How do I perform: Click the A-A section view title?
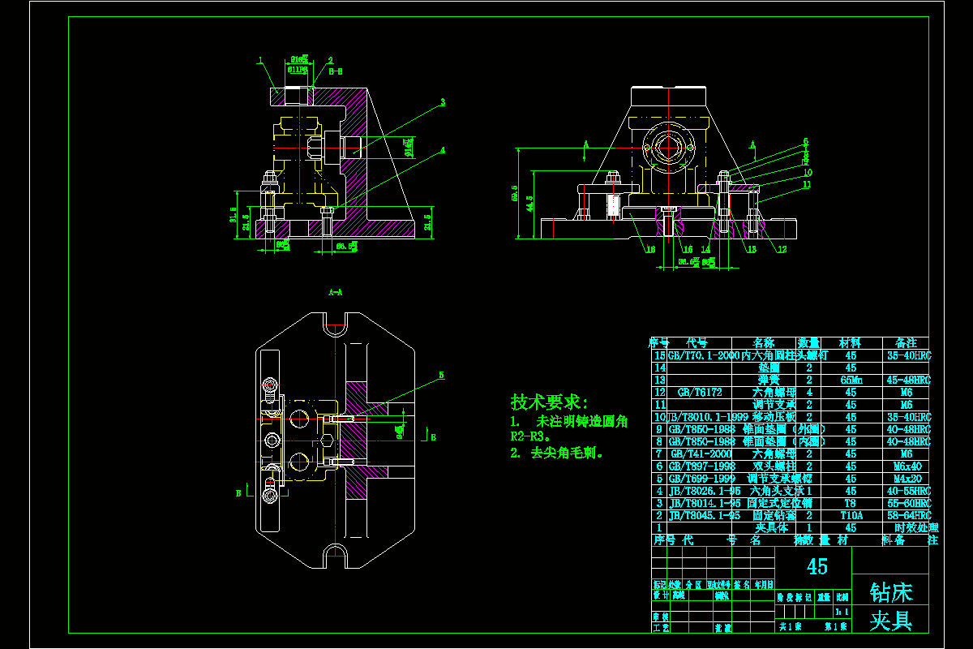tap(335, 290)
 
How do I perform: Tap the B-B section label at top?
tap(336, 71)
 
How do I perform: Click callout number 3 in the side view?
tap(443, 102)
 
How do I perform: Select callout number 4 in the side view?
tap(443, 150)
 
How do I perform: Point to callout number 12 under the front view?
tap(782, 249)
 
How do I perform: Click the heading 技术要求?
tap(548, 402)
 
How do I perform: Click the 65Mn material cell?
tap(851, 380)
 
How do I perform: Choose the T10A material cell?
tap(851, 515)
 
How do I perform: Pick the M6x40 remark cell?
tap(907, 466)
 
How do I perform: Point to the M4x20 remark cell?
tap(907, 479)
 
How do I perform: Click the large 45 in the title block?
tap(817, 566)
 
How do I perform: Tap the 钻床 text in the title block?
tap(890, 591)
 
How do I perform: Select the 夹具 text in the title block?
tap(890, 621)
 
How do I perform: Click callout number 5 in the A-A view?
tap(442, 376)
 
